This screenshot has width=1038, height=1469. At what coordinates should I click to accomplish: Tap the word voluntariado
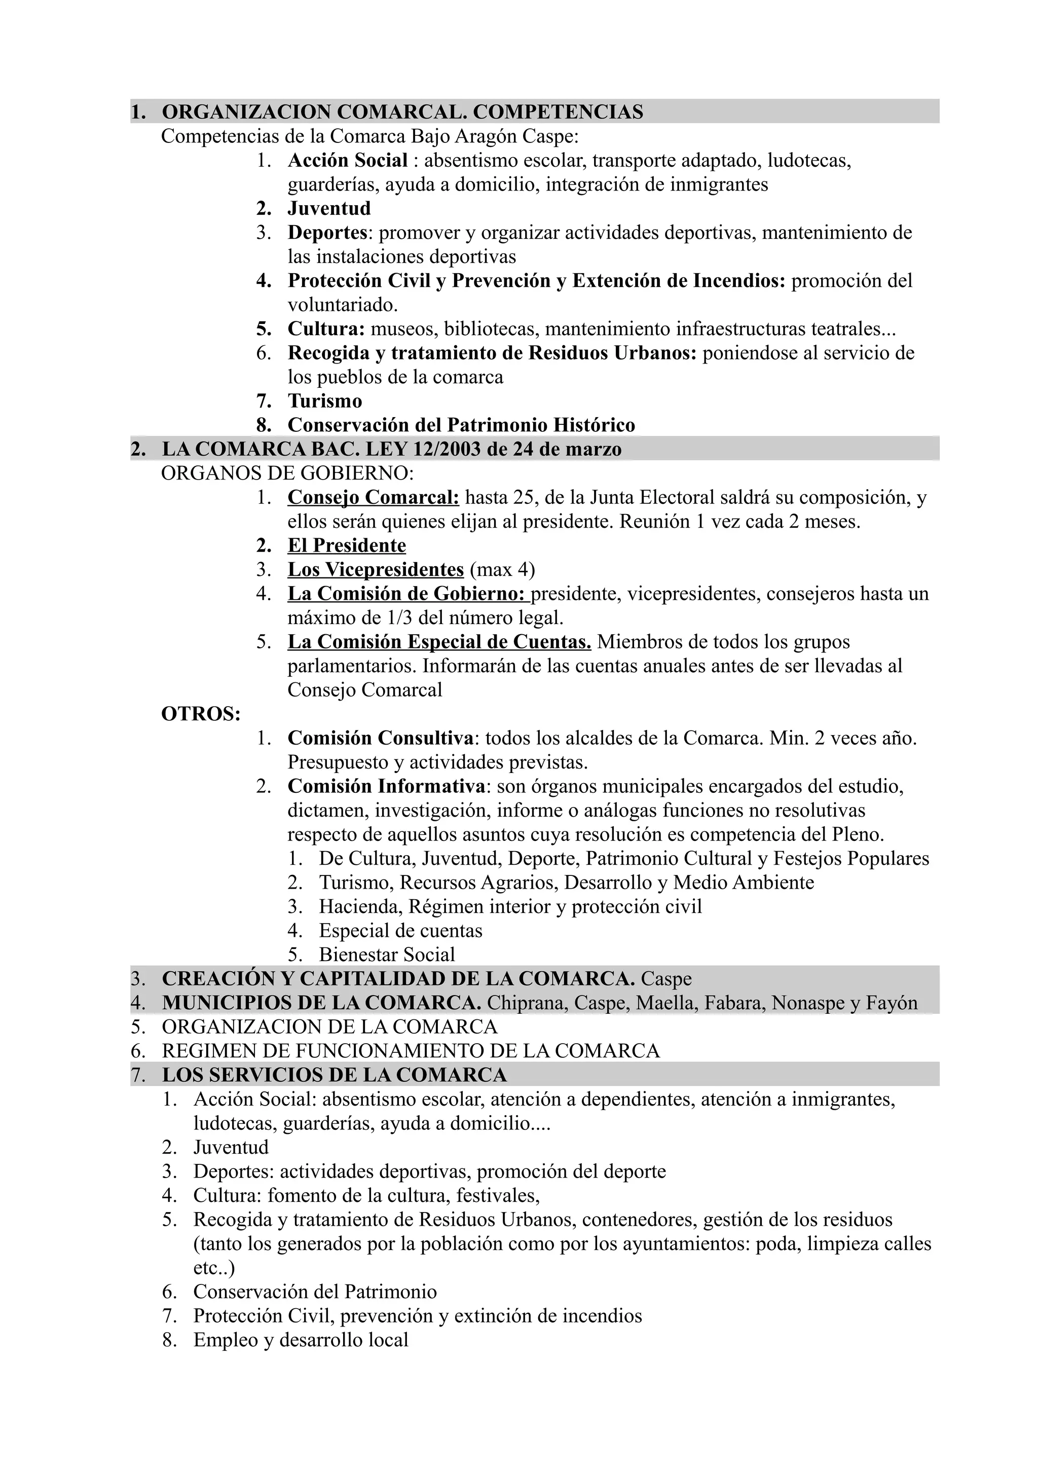[x=342, y=305]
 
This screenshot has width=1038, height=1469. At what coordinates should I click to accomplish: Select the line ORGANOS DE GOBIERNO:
[x=288, y=473]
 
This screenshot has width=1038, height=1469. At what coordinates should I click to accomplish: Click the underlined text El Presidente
[x=347, y=546]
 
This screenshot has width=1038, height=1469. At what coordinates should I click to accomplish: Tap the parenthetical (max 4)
[x=502, y=569]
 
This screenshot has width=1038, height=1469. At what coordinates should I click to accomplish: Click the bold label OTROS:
[x=201, y=714]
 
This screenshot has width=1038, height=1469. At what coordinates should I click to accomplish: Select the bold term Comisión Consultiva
[x=381, y=739]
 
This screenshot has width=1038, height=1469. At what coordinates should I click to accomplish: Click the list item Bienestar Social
[x=387, y=954]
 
